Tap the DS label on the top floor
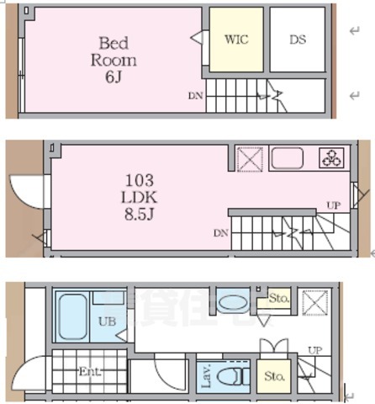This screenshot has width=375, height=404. click(298, 39)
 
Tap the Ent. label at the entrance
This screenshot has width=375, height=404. click(90, 370)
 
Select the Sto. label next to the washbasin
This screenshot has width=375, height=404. click(278, 297)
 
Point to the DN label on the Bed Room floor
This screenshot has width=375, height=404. click(195, 95)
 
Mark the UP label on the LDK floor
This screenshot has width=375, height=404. click(333, 205)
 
